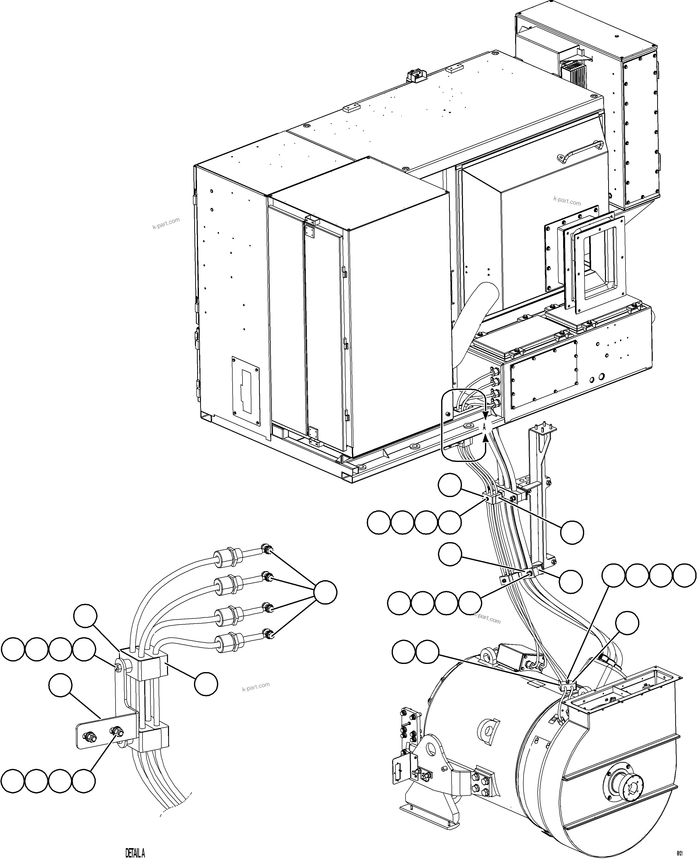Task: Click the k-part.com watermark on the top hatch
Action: tap(567, 201)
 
